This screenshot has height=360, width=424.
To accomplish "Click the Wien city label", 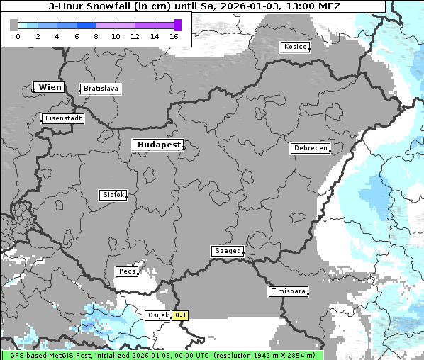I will (50, 87).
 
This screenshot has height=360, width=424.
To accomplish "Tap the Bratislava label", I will (100, 89).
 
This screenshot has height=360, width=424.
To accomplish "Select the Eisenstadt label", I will (63, 118).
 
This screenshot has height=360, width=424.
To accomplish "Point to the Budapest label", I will (158, 145).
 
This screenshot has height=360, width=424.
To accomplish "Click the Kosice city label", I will (294, 47).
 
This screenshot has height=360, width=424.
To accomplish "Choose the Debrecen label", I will (309, 148).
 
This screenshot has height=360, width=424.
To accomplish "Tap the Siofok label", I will (113, 194).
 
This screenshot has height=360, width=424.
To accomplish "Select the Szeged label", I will (228, 251).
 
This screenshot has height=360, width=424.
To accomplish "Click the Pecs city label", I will (126, 271).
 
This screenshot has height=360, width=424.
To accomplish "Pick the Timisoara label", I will (288, 291).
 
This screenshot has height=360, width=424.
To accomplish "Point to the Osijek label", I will (157, 315).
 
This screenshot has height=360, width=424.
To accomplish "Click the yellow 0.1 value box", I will (181, 315).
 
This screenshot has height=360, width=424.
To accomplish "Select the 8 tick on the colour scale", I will (96, 36).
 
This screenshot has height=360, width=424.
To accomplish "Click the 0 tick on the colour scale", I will (17, 36).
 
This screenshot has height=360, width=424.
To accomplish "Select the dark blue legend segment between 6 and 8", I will (86, 25).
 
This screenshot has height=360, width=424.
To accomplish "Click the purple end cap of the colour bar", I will (177, 25).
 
